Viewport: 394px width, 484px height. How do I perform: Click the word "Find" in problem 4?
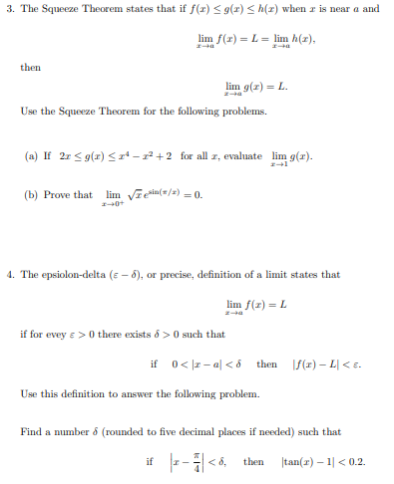click(31, 432)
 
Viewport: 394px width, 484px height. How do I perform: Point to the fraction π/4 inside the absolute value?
click(189, 463)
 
